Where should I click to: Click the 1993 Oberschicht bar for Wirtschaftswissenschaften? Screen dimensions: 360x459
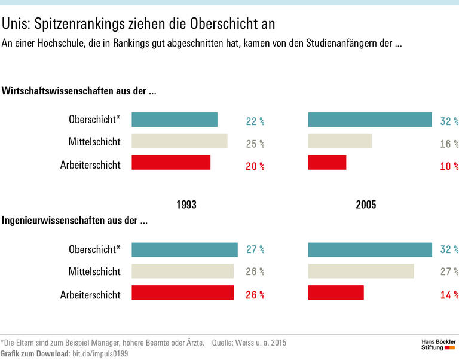point(175,120)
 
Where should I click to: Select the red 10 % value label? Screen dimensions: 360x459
point(449,166)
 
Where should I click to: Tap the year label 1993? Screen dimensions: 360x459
point(186,205)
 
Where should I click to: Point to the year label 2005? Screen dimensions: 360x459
point(366,205)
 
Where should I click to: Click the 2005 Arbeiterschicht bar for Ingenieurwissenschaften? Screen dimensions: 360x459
point(336,292)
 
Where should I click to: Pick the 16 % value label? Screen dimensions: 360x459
point(449,144)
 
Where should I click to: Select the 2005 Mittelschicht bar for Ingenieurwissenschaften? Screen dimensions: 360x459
point(361,271)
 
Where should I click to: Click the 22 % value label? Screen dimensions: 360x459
point(255,121)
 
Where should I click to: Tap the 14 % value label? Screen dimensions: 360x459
point(449,295)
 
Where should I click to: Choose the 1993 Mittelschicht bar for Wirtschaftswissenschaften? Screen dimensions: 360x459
point(179,141)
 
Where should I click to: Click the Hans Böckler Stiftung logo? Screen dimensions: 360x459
point(438,344)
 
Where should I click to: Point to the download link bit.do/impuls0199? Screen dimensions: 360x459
point(100,354)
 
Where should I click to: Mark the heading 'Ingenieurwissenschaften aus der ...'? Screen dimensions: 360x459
point(75,220)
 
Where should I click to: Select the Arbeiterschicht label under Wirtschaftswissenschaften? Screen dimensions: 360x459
point(90,165)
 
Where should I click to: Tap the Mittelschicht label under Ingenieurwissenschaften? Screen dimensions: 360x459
point(94,271)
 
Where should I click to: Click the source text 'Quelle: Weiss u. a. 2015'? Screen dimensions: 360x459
point(249,343)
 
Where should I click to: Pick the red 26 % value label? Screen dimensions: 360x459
point(255,295)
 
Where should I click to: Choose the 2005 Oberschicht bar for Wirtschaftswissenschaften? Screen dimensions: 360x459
point(370,120)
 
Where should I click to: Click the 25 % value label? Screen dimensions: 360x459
point(255,144)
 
